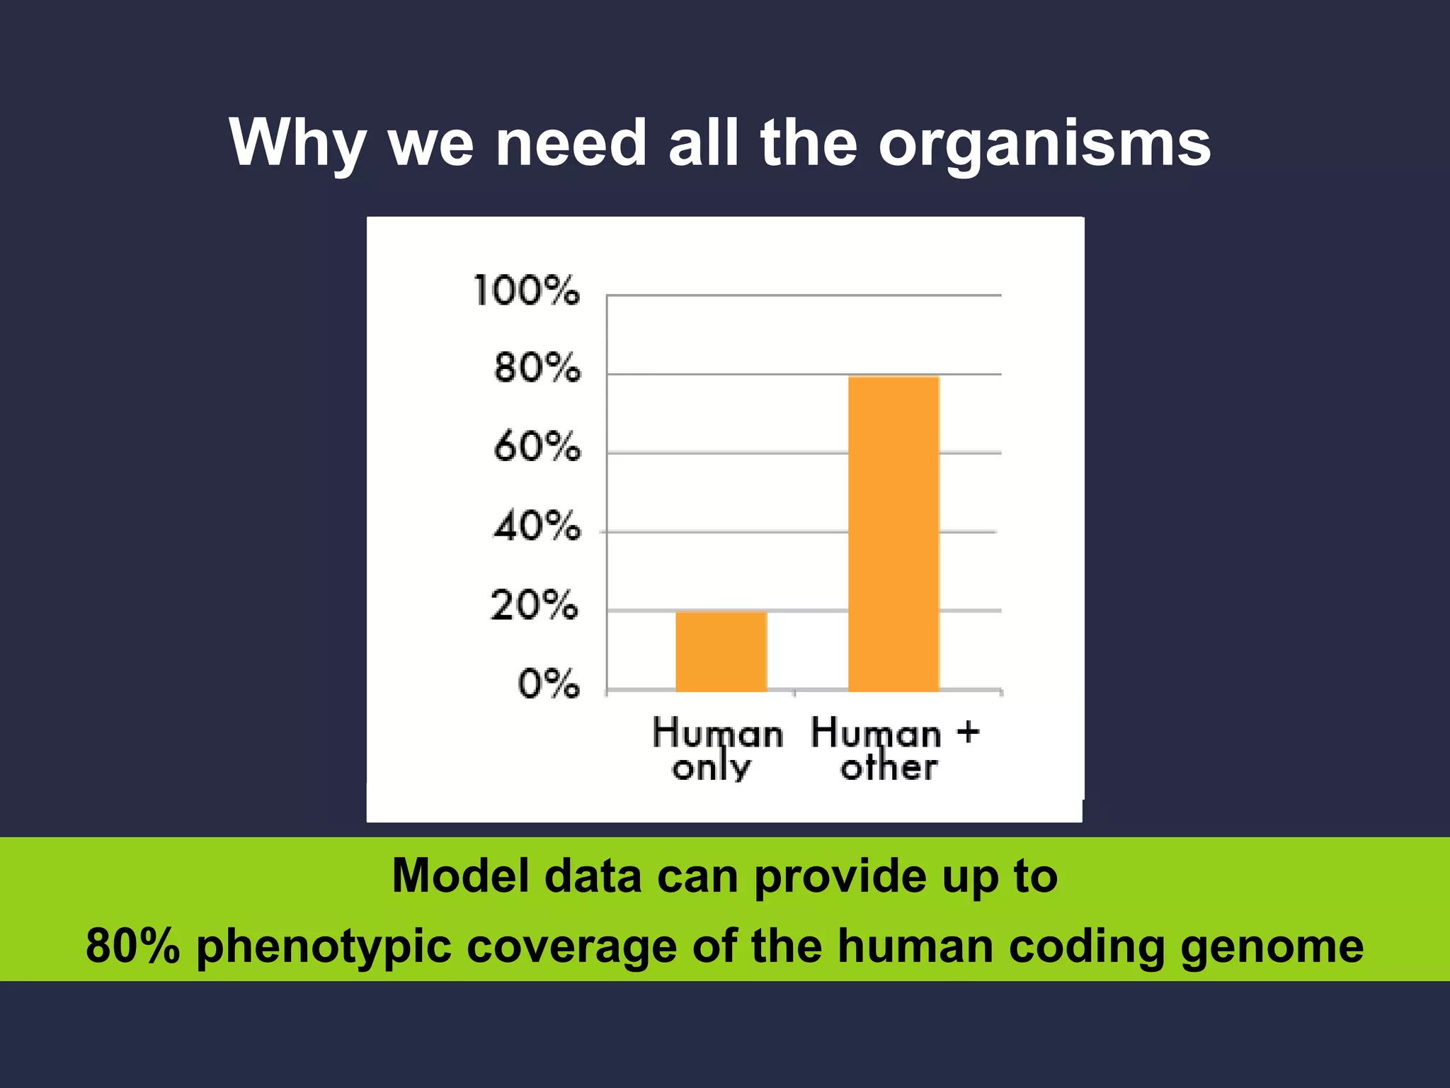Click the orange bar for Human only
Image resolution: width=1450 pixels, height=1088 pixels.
(721, 652)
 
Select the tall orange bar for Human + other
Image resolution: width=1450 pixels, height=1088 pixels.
(894, 534)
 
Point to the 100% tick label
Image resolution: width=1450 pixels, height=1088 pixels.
(526, 290)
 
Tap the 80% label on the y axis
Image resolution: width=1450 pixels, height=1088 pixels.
(537, 368)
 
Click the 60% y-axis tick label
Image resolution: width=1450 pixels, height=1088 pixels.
(537, 447)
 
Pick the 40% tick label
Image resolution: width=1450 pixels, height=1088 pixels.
(537, 526)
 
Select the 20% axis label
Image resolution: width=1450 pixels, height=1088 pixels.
(535, 606)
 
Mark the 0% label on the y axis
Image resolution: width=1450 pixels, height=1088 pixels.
(548, 684)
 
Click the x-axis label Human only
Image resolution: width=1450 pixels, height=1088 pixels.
(717, 749)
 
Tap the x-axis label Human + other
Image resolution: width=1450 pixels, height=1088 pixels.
(894, 749)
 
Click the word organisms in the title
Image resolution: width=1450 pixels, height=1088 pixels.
(1044, 144)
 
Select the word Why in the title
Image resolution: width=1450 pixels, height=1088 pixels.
(297, 144)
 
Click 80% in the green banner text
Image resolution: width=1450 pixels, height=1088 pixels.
(132, 946)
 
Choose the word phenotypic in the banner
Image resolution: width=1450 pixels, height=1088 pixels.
(324, 947)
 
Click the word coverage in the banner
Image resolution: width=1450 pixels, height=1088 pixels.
(571, 947)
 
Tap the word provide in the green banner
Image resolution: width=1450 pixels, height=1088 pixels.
(840, 877)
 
